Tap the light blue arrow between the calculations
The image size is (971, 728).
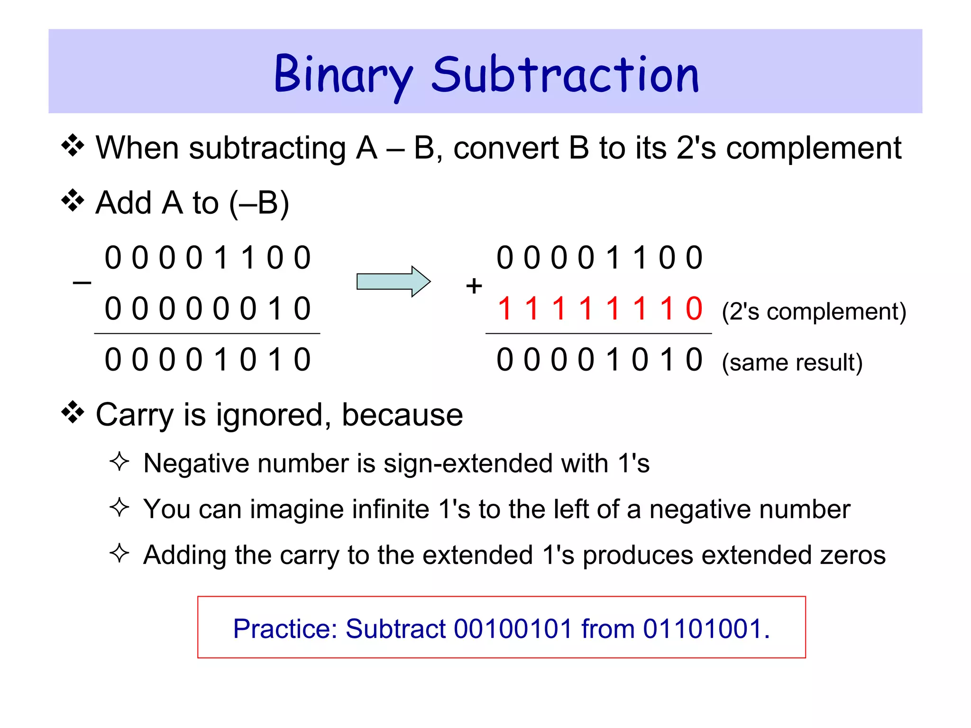(393, 282)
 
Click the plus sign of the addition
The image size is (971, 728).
(474, 286)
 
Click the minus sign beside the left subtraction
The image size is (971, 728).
(82, 283)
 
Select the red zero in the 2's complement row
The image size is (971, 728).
(694, 309)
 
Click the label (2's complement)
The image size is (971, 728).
(814, 312)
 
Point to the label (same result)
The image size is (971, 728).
(792, 363)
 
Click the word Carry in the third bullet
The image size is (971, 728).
(135, 415)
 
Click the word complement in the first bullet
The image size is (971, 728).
(814, 148)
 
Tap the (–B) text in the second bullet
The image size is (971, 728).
(259, 203)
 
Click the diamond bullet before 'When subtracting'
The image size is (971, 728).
(73, 146)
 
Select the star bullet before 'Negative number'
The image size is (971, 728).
(119, 462)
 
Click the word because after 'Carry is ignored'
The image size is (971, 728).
(402, 415)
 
